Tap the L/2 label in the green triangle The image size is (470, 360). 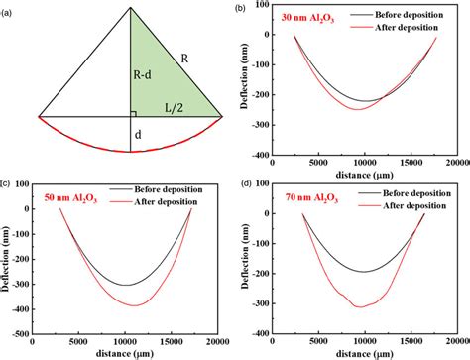pyautogui.click(x=173, y=103)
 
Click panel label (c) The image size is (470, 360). pyautogui.click(x=6, y=183)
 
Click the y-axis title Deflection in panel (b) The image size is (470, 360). pyautogui.click(x=246, y=79)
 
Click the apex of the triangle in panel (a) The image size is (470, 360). pyautogui.click(x=131, y=7)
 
